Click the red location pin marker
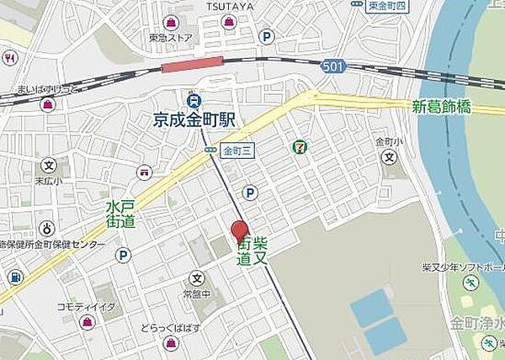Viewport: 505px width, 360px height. (240, 230)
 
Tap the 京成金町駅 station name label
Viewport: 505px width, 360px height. (193, 119)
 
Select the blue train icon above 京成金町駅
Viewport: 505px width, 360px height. (192, 97)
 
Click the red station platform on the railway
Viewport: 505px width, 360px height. (192, 65)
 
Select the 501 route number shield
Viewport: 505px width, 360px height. (332, 66)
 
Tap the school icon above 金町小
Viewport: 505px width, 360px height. (388, 156)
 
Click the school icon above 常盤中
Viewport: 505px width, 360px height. (196, 278)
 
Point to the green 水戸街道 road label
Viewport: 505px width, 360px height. (120, 214)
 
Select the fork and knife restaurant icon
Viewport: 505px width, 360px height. (10, 59)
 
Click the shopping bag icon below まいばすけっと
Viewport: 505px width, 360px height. (47, 104)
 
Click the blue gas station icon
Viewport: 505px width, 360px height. (14, 277)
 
